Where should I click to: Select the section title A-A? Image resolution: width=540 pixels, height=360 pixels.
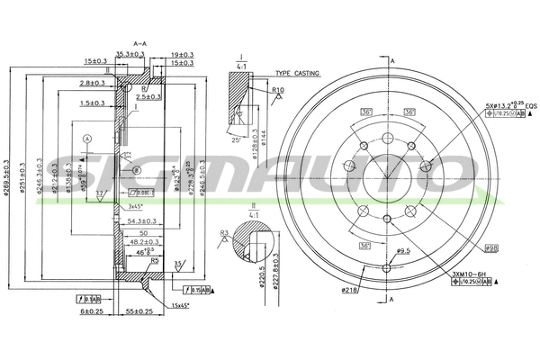point(140,42)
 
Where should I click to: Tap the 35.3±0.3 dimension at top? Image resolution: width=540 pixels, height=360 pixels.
point(130,54)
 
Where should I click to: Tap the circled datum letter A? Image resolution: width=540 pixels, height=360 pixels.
point(87,139)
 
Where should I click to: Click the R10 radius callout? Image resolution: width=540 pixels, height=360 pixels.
point(278,90)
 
